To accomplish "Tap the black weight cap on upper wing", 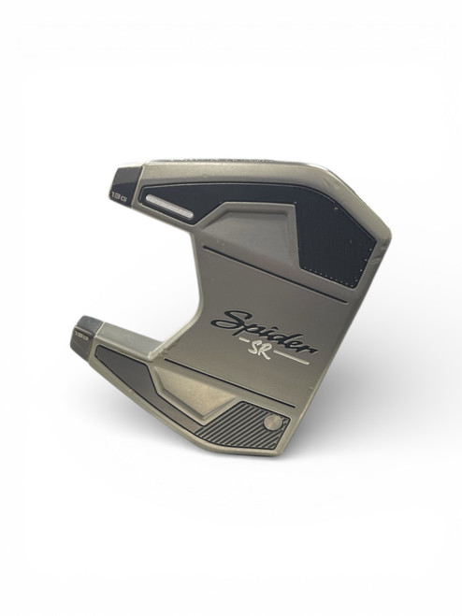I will tap(124, 180).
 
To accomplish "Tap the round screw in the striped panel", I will tap(270, 423).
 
